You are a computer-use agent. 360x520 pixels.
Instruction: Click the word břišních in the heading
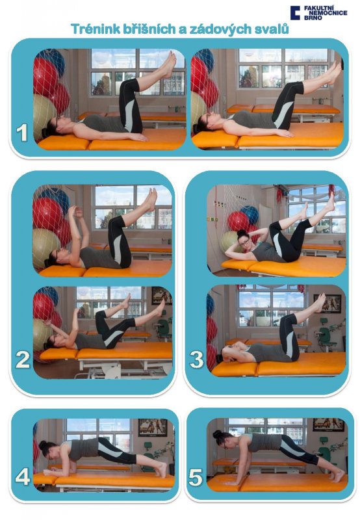[149, 29]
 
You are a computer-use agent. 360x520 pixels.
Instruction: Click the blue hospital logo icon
[295, 12]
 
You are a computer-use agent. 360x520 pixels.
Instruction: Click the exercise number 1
[22, 133]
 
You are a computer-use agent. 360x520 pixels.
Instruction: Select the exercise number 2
[23, 360]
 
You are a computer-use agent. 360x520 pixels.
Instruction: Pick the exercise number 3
[197, 360]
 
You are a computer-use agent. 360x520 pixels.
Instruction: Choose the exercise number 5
[196, 478]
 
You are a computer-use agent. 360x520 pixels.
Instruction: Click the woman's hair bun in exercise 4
[43, 445]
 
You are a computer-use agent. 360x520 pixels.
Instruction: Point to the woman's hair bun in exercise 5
[217, 434]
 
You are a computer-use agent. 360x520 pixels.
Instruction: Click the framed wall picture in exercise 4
[153, 427]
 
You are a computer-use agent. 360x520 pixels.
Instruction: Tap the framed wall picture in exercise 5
[328, 424]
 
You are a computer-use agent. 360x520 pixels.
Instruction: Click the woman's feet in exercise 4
[161, 469]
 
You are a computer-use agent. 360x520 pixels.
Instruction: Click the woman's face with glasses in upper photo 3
[244, 242]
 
